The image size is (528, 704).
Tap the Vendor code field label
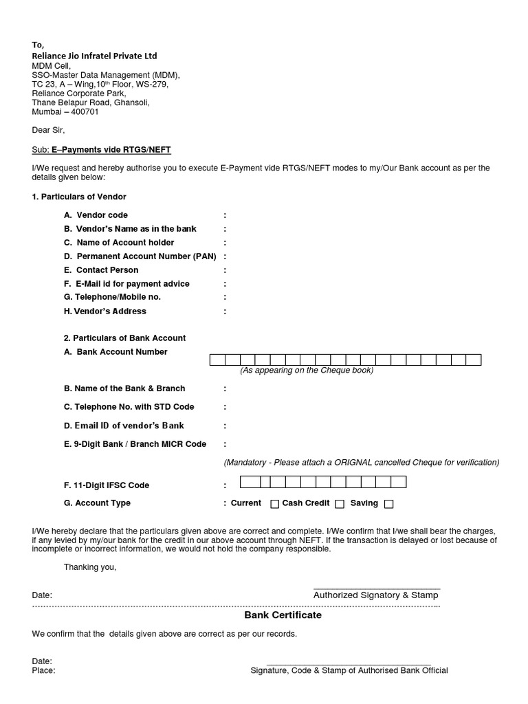96,215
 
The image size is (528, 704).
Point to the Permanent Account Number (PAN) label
140,256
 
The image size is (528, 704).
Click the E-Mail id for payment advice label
126,284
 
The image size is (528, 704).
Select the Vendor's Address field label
104,311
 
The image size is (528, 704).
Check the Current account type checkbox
274,504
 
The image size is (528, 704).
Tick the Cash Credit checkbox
340,504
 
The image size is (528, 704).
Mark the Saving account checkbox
388,504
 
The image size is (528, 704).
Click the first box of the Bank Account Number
217,360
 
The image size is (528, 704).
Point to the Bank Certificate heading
283,615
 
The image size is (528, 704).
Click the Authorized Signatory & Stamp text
375,595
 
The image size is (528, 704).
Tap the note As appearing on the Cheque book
306,371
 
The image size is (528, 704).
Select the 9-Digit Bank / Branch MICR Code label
135,444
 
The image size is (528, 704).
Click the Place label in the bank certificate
43,671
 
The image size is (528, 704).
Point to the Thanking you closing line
90,567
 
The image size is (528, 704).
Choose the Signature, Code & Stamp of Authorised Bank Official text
349,671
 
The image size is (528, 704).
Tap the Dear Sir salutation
48,130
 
